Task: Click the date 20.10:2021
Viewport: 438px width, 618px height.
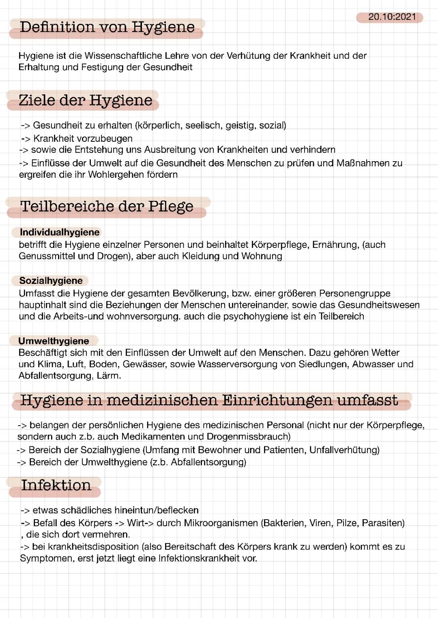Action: pos(392,17)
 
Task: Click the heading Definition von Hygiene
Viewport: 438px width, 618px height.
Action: pos(107,28)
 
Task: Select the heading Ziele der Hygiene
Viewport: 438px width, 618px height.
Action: pos(86,100)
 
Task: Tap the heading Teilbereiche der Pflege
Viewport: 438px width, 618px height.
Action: pos(107,207)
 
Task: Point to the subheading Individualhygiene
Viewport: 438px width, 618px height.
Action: pos(60,232)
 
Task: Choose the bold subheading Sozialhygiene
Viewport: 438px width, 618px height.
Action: pos(51,281)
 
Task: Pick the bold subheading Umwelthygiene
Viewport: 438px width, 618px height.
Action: pos(54,341)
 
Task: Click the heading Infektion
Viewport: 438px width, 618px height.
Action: pos(56,485)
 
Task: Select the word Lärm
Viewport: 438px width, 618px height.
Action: pos(109,376)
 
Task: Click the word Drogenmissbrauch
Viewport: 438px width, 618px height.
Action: pos(248,437)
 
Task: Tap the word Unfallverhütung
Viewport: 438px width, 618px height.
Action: pos(344,450)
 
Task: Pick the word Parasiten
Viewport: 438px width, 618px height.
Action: pos(383,523)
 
